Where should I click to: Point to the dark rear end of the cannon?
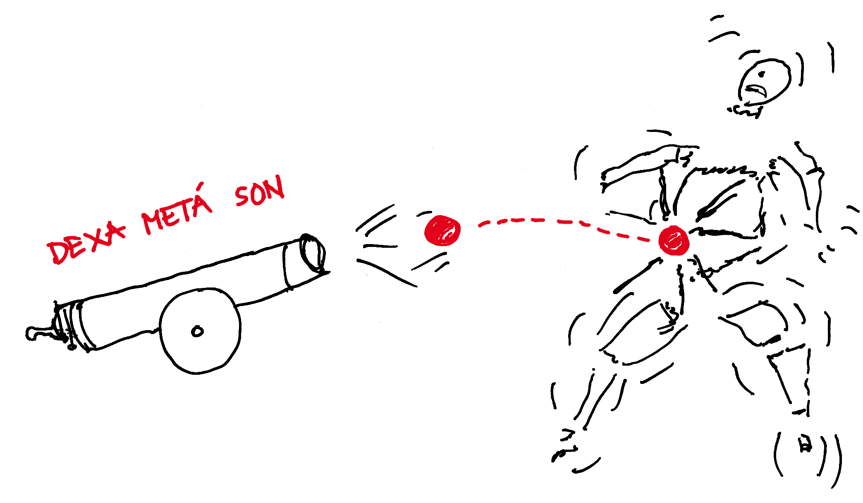tap(58, 331)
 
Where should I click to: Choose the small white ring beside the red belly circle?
tap(648, 241)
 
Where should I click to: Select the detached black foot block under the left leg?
tap(576, 458)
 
